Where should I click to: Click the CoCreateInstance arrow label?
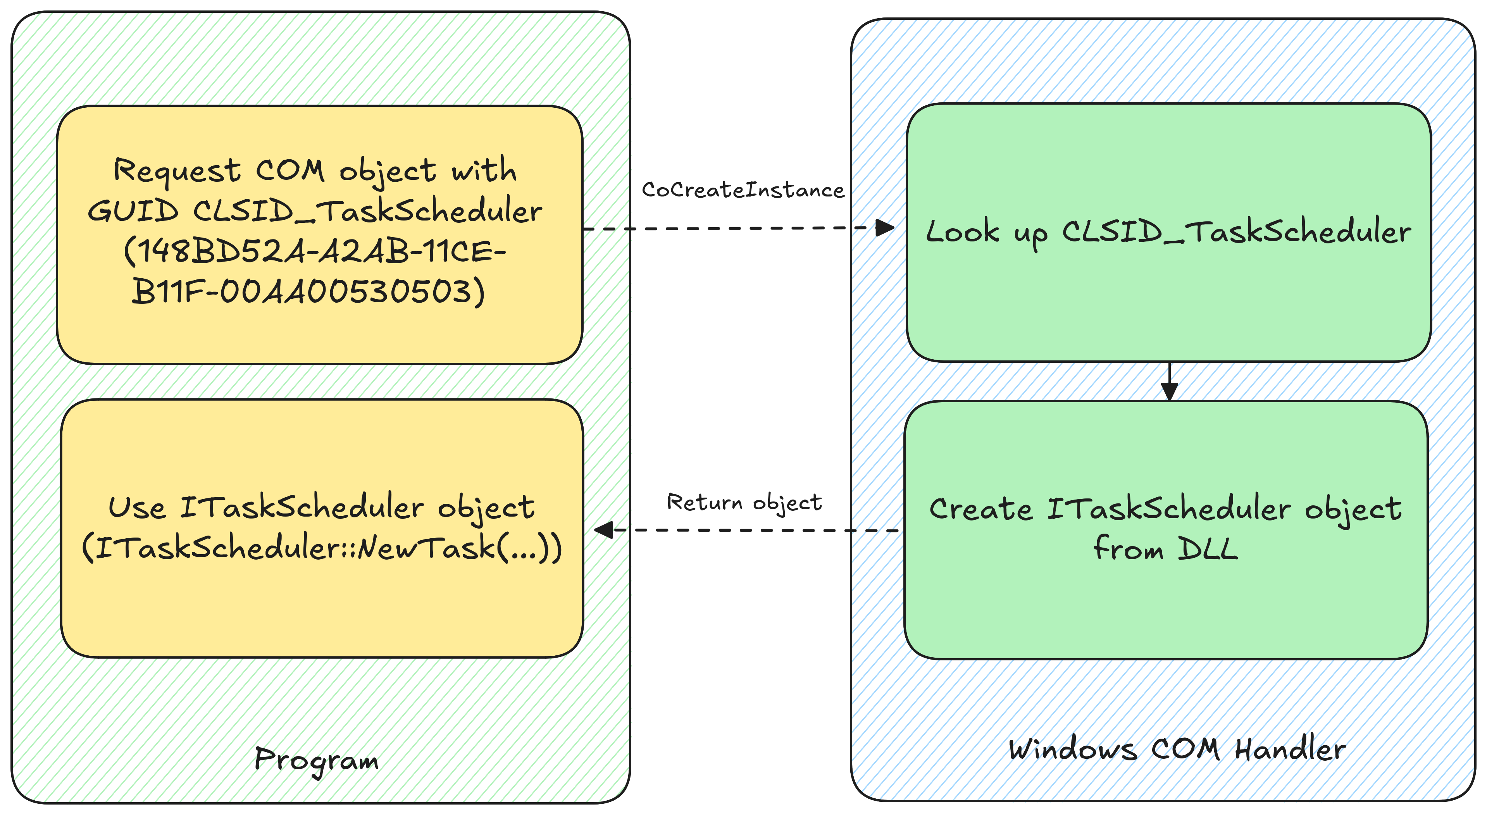(x=743, y=190)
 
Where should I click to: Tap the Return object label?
(x=744, y=503)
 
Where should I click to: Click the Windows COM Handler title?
(x=1177, y=749)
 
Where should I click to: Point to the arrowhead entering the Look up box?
(x=885, y=227)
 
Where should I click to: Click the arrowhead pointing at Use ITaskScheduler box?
(x=604, y=530)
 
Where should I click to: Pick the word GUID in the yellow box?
(x=133, y=211)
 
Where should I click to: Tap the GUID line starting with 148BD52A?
(x=315, y=251)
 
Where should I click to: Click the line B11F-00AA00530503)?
(x=308, y=291)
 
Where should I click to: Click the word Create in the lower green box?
(x=980, y=509)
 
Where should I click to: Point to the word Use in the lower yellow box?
(x=137, y=508)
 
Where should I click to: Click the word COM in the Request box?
(x=290, y=171)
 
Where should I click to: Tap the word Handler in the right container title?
(x=1290, y=749)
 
